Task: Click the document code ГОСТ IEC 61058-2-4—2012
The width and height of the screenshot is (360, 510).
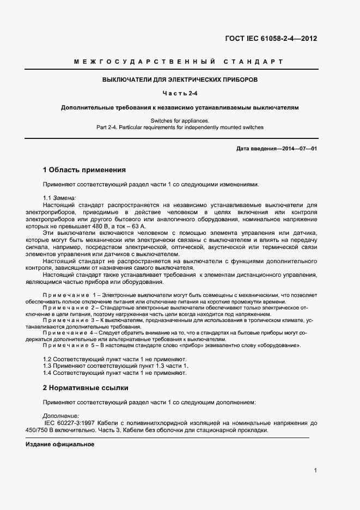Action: coord(271,39)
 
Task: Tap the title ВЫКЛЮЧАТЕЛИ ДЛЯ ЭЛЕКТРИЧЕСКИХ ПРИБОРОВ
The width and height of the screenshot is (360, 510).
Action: coord(180,80)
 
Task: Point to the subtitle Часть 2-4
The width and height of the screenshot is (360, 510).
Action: coord(180,94)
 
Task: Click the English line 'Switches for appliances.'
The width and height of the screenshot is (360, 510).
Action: coord(180,120)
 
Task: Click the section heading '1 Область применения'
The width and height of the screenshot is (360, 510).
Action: coord(84,169)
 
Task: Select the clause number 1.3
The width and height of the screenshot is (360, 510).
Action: coord(48,366)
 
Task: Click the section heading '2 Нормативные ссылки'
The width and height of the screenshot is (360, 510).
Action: coord(86,388)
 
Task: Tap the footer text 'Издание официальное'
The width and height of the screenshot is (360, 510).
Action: coord(60,445)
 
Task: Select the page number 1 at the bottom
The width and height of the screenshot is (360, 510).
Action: coord(316,471)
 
